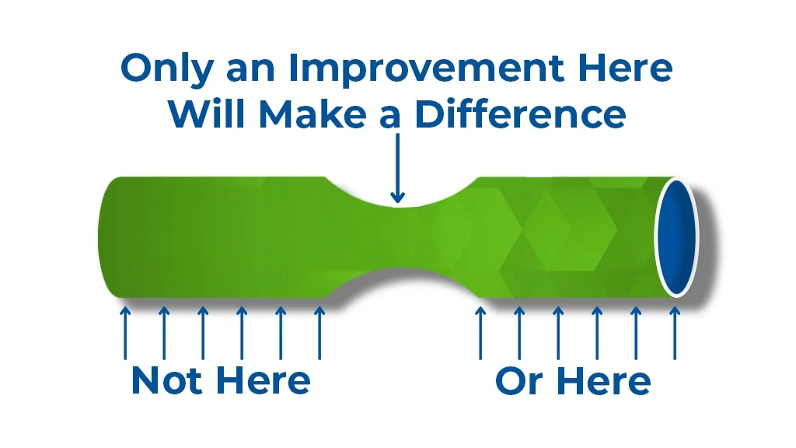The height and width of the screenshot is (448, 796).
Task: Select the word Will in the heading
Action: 208,113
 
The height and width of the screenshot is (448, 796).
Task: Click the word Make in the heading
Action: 312,113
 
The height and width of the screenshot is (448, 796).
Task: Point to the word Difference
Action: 520,113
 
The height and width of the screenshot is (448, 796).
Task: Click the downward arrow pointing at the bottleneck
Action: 397,168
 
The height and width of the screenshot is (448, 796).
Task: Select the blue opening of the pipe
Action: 676,237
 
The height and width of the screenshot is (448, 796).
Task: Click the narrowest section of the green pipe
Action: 398,236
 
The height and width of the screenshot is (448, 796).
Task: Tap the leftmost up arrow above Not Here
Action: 125,333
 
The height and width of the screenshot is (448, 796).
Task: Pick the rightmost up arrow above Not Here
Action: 319,333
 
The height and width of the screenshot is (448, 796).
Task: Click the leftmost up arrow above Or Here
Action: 480,333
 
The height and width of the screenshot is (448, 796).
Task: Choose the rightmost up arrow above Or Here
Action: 675,333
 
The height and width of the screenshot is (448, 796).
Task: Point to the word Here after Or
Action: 603,381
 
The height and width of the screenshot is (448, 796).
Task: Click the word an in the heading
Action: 250,71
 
